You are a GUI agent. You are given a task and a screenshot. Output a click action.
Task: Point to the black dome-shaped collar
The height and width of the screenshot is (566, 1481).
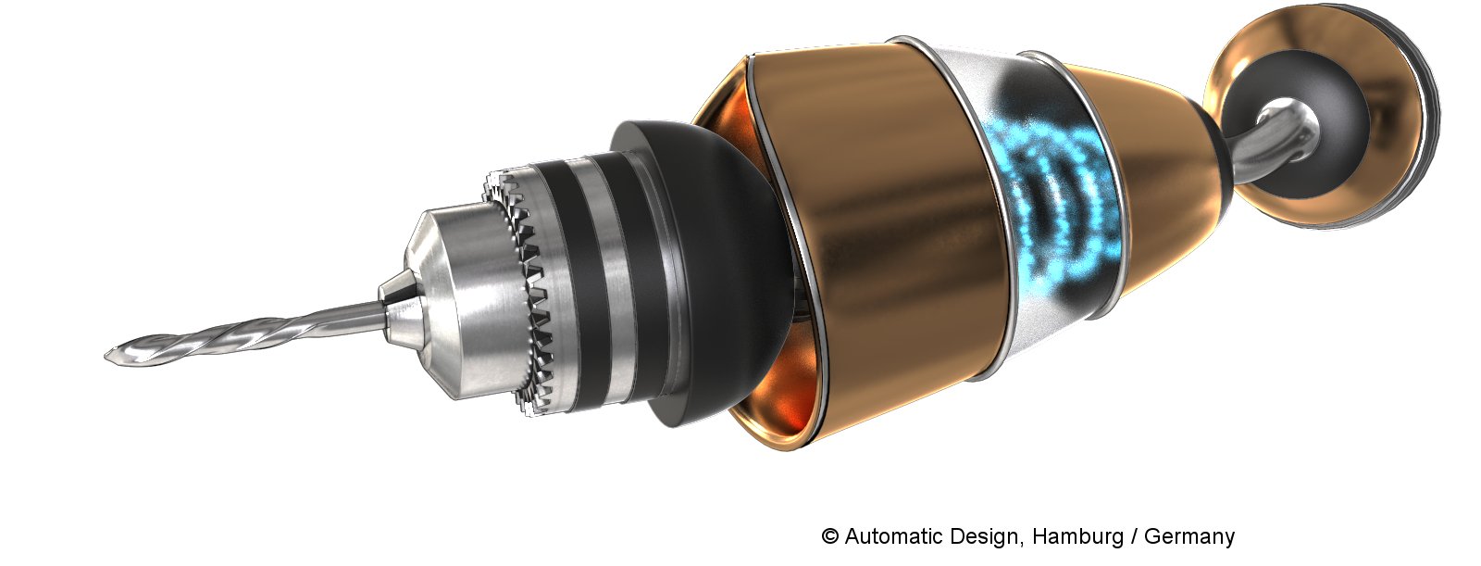coord(707,265)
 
